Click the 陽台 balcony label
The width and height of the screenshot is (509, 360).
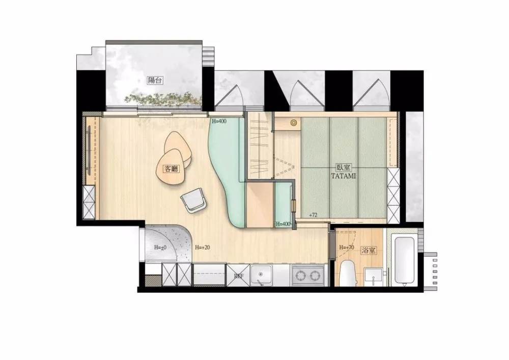click(x=155, y=80)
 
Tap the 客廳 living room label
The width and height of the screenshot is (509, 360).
click(x=172, y=169)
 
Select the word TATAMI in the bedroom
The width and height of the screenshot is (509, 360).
click(x=344, y=176)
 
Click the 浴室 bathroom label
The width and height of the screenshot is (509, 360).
click(x=369, y=251)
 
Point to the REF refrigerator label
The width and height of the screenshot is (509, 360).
click(x=239, y=276)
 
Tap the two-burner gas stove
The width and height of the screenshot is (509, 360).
click(x=307, y=275)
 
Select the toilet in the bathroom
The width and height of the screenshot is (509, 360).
click(x=347, y=273)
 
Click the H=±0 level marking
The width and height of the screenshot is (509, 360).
click(x=160, y=247)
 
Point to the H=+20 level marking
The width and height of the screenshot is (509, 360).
click(x=202, y=247)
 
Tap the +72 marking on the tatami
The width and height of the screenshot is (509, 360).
click(x=313, y=215)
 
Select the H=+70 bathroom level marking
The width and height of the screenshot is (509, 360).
click(x=346, y=247)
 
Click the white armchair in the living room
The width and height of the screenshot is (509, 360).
click(x=194, y=201)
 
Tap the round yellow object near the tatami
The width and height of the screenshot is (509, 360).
click(x=294, y=123)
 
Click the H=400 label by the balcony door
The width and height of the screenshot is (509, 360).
click(x=219, y=121)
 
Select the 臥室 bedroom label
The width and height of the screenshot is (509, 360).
click(x=344, y=168)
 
